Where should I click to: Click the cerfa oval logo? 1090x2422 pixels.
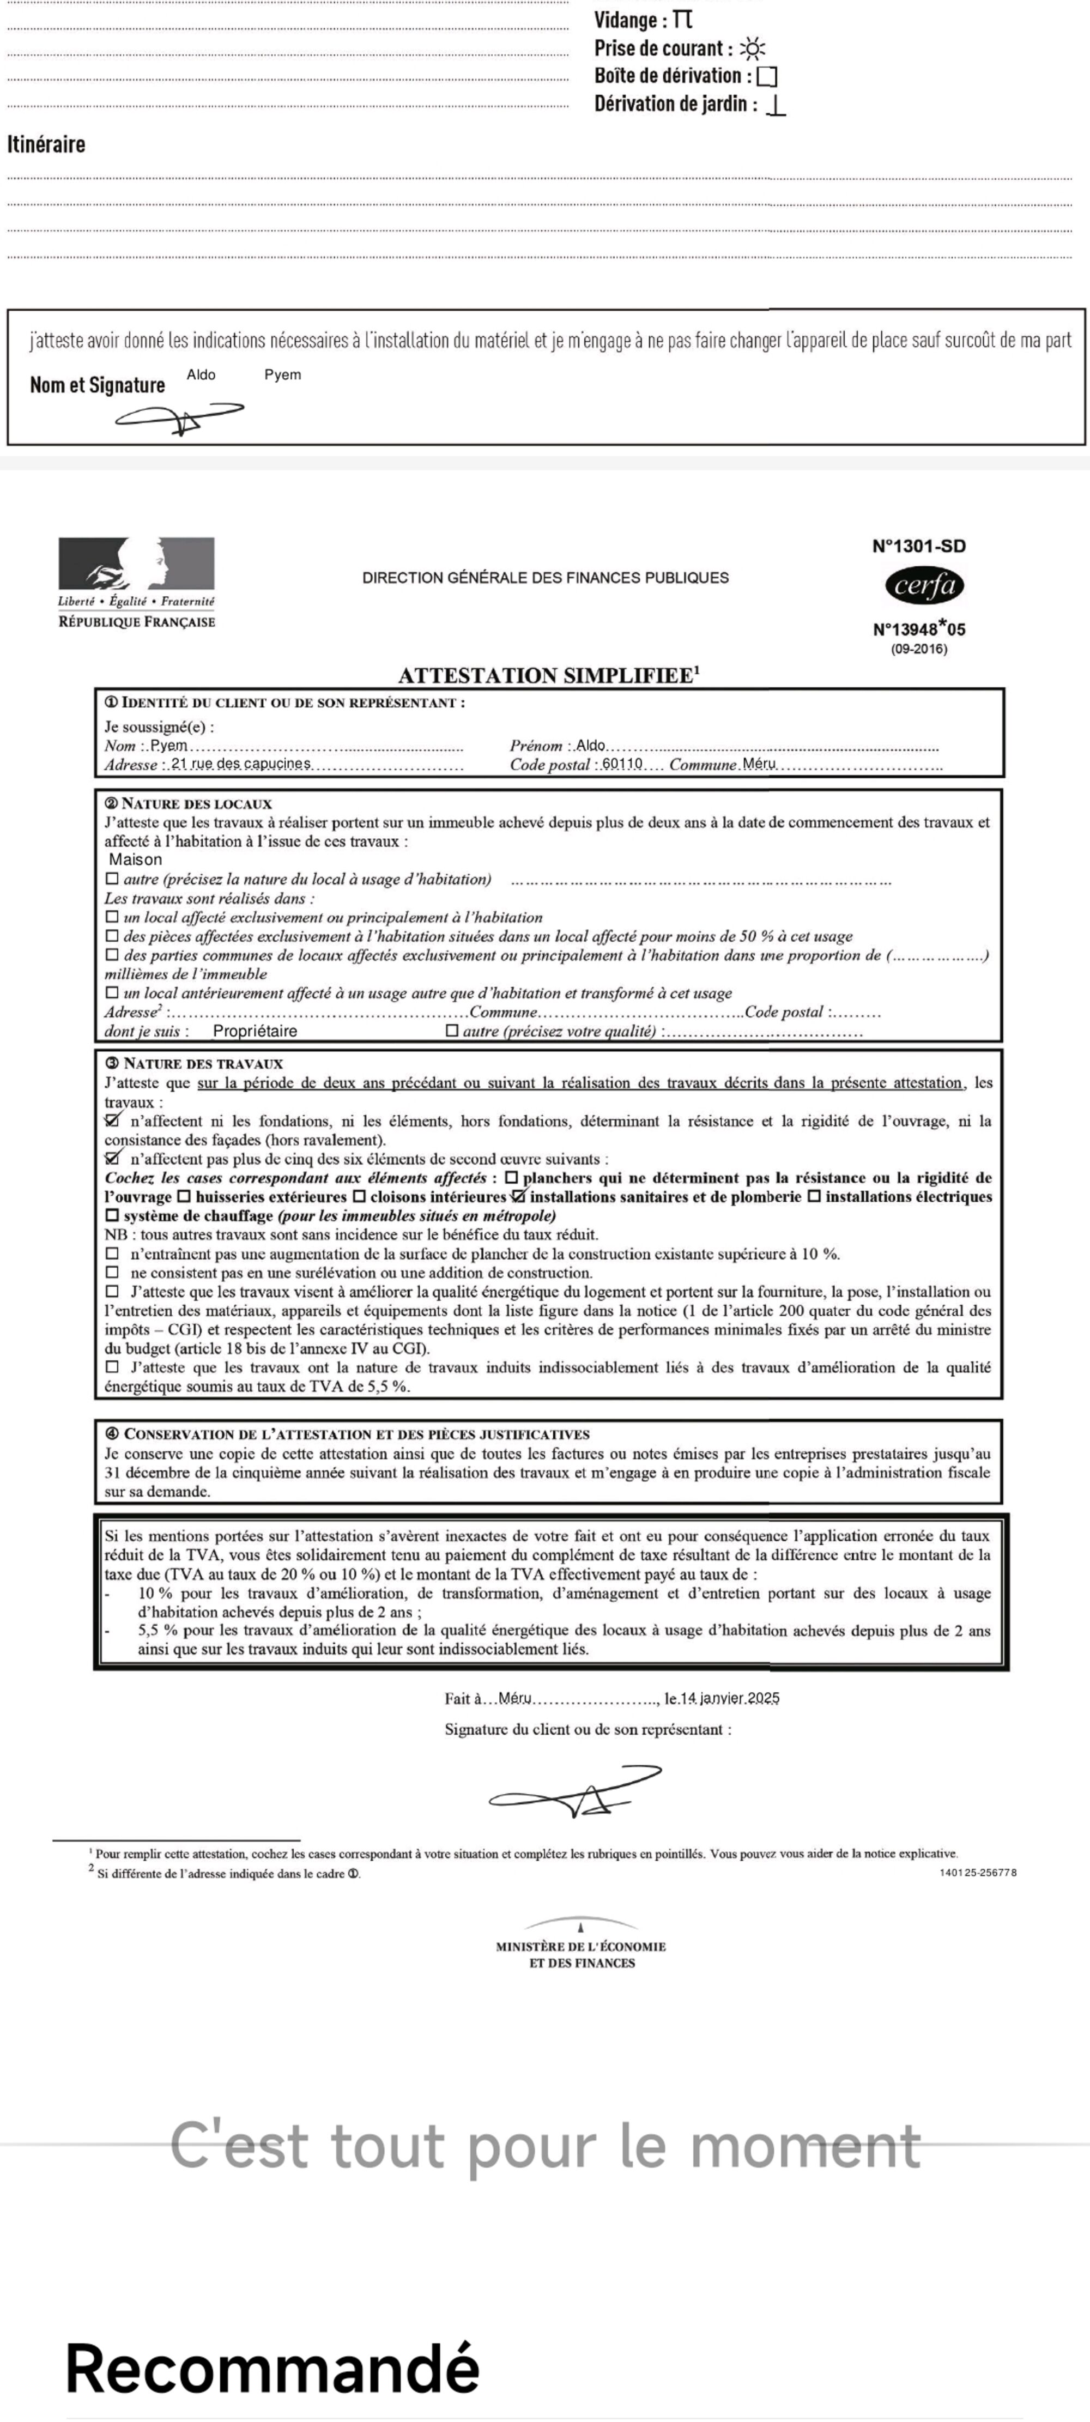coord(924,586)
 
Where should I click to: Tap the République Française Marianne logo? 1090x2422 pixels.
coord(136,564)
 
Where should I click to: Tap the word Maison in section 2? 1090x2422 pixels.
coord(135,859)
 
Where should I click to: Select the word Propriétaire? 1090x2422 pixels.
coord(255,1031)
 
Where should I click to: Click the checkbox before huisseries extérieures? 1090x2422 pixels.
coord(184,1197)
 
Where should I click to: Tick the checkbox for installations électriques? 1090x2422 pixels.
coord(814,1197)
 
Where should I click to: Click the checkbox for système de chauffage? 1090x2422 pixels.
coord(112,1216)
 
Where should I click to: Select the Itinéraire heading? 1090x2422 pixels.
coord(46,144)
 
